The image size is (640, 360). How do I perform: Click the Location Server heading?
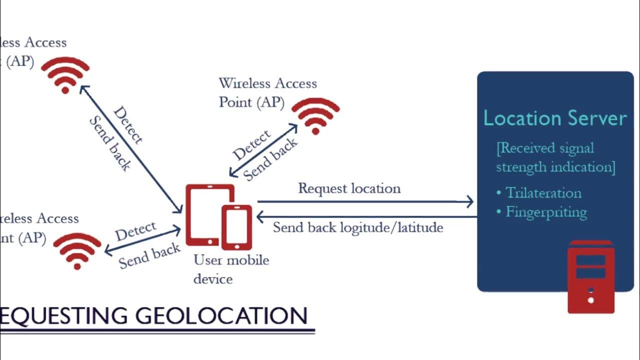[555, 118]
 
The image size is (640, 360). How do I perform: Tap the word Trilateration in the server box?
[543, 193]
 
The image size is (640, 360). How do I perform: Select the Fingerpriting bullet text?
[546, 212]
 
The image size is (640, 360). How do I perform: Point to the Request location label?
[349, 188]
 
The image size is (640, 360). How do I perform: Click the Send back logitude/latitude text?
[358, 227]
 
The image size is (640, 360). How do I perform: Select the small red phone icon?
[236, 227]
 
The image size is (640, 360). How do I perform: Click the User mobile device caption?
[231, 269]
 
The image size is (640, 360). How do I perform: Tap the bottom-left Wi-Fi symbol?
[77, 251]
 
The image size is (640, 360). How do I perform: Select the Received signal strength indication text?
[555, 157]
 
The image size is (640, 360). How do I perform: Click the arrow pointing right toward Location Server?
[365, 201]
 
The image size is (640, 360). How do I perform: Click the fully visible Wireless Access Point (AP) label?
[267, 92]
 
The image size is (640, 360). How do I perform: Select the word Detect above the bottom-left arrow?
[135, 231]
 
